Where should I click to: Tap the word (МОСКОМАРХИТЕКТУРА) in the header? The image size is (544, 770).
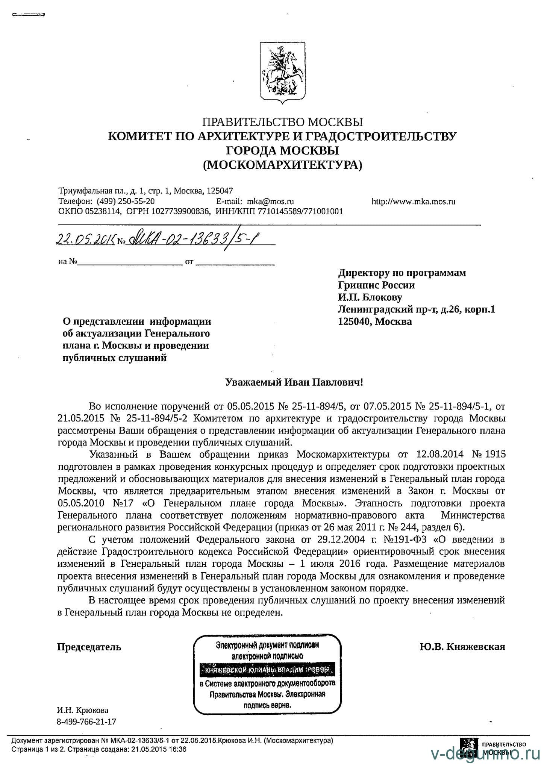click(x=283, y=165)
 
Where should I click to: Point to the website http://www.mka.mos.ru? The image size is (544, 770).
click(x=414, y=201)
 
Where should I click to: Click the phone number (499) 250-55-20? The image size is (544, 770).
click(x=126, y=201)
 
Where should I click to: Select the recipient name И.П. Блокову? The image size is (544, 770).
click(x=370, y=297)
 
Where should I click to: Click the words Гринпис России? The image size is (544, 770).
click(x=376, y=285)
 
